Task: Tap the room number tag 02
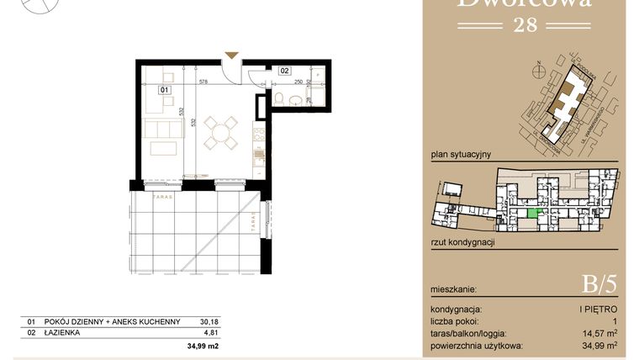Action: tap(285, 71)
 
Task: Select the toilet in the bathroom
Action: tap(279, 101)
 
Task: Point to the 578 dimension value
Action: tap(203, 82)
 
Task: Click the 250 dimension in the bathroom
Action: tap(298, 82)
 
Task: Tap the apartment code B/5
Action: tap(599, 284)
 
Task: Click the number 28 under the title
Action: tap(524, 26)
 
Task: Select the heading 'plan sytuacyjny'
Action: tap(461, 155)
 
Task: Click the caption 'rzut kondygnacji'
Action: tap(462, 242)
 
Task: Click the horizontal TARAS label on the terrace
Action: tap(163, 197)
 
